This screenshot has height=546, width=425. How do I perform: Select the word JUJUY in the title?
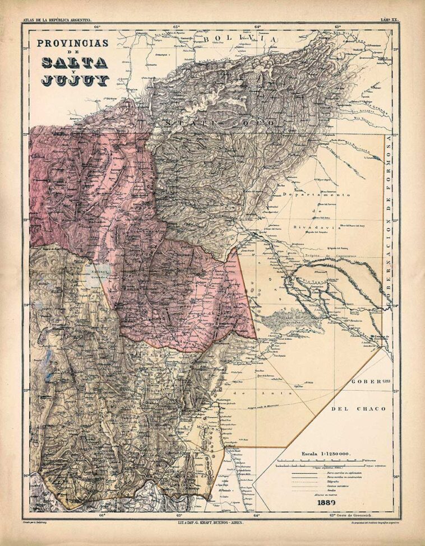(74, 80)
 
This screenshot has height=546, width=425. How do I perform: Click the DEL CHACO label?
(358, 409)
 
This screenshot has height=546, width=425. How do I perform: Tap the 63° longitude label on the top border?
(338, 26)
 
